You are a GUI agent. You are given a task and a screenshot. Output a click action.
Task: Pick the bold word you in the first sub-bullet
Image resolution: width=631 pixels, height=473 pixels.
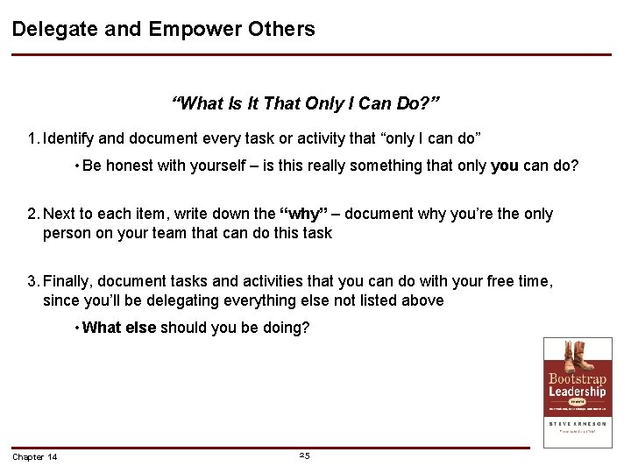click(x=504, y=166)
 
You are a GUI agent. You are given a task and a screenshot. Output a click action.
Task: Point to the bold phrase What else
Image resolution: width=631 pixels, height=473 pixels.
click(x=119, y=328)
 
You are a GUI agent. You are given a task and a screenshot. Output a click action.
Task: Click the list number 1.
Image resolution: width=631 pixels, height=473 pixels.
click(x=32, y=138)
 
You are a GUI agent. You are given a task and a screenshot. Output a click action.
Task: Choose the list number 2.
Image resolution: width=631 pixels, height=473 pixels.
click(x=32, y=215)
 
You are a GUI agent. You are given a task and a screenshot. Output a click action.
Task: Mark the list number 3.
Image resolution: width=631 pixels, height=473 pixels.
click(x=32, y=281)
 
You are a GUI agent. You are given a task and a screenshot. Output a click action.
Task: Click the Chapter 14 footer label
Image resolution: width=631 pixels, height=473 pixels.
click(x=35, y=457)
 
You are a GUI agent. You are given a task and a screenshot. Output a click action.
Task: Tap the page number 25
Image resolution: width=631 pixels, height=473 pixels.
click(x=304, y=455)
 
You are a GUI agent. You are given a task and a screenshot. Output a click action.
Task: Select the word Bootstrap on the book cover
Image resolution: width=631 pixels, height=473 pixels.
click(x=577, y=379)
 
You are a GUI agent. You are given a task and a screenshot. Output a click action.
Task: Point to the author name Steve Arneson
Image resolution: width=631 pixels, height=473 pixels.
click(x=577, y=423)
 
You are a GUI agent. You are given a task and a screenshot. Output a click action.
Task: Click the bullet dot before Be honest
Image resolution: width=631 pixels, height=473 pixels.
click(x=77, y=166)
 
